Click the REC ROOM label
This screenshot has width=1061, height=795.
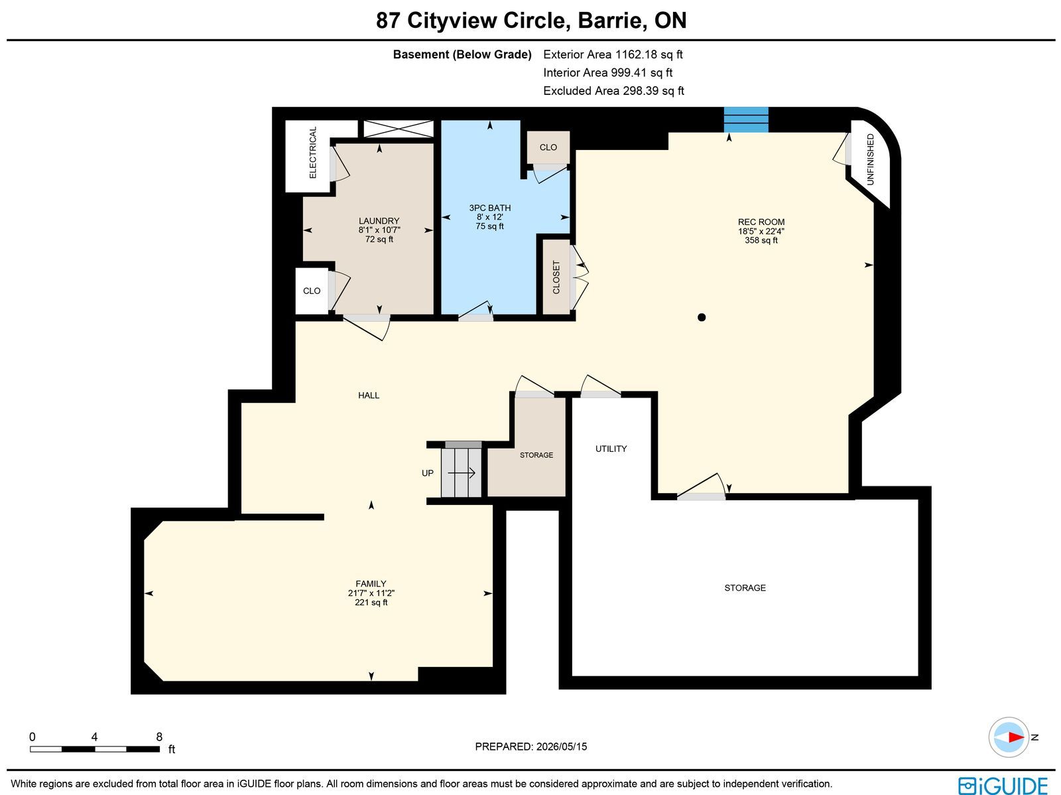tap(761, 222)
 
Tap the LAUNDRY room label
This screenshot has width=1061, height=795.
tap(379, 221)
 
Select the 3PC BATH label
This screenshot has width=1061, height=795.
tap(489, 208)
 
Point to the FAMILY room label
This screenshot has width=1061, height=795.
tap(371, 584)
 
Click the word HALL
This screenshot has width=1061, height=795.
tap(368, 396)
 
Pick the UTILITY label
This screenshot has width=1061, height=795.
tap(611, 449)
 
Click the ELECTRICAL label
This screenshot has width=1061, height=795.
tap(313, 153)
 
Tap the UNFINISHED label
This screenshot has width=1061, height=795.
tap(871, 159)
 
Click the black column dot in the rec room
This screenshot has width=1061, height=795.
tap(702, 317)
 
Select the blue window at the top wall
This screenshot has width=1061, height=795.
tap(746, 119)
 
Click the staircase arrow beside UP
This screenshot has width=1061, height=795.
tap(462, 473)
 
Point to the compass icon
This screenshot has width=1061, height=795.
tap(1009, 737)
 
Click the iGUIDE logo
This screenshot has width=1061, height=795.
tap(1003, 786)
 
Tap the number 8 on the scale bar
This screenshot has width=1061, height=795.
tap(159, 737)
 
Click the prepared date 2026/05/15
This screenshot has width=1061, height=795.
tap(562, 747)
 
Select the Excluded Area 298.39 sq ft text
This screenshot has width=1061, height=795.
tap(613, 91)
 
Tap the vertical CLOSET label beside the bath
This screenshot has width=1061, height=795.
tap(556, 277)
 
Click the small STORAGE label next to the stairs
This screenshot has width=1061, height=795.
tap(536, 455)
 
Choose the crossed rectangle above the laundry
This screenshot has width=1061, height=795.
tap(399, 129)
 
